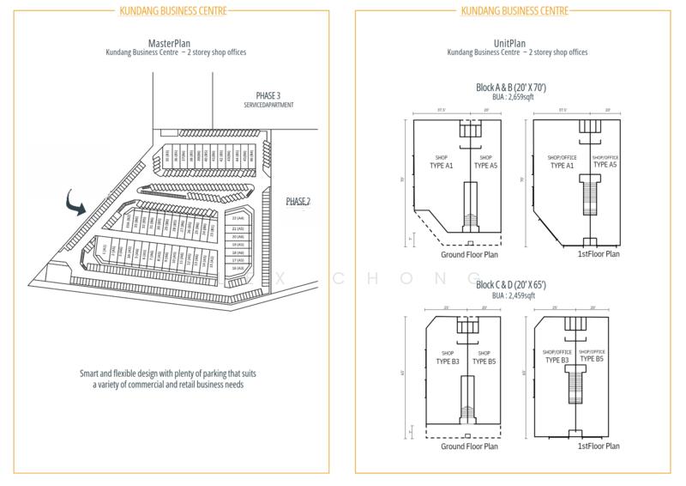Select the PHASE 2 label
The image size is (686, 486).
[x=298, y=201]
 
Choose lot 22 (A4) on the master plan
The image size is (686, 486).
[x=238, y=219]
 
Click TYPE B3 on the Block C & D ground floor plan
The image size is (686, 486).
[x=448, y=361]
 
